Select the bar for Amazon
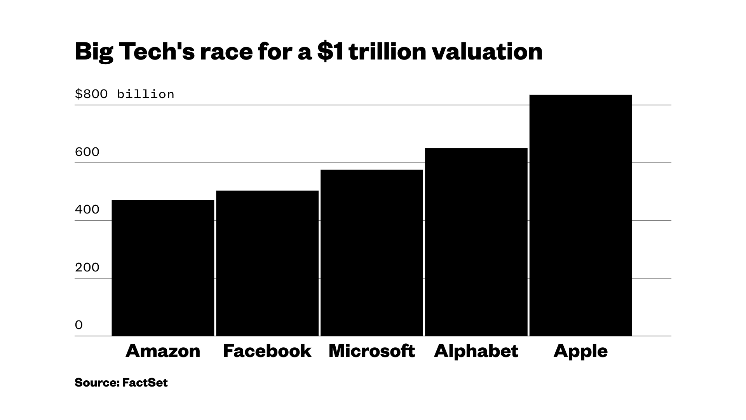(x=163, y=268)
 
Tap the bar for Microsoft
(x=372, y=253)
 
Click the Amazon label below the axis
(x=163, y=351)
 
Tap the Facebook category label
(x=267, y=351)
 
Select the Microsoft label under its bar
(x=372, y=351)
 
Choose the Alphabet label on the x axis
(x=476, y=351)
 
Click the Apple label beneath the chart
(x=580, y=351)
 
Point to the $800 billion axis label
(x=124, y=94)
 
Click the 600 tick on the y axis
(x=87, y=152)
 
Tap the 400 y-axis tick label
(x=87, y=210)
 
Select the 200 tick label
(x=87, y=268)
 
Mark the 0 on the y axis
(x=79, y=325)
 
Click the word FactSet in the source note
(x=145, y=383)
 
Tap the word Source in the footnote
(x=96, y=383)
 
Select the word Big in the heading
(x=93, y=52)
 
